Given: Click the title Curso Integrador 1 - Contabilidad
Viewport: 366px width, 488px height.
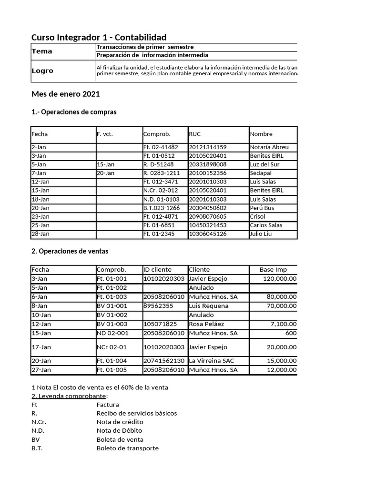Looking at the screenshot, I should tap(99, 37).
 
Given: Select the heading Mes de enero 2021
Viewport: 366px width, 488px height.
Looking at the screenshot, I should tap(65, 94).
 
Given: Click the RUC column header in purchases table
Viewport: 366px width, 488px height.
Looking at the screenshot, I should tap(195, 134).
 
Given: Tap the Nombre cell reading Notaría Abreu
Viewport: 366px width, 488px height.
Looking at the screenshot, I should tap(269, 147).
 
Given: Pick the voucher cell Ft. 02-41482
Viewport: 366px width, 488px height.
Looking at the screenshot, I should tap(161, 147).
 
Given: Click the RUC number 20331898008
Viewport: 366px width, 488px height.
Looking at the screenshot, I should tap(208, 164).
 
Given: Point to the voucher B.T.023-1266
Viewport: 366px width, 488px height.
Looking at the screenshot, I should tap(162, 208).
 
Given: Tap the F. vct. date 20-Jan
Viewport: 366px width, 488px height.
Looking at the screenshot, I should tap(105, 173).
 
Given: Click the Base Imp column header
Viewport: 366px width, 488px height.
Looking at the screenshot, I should tap(273, 269).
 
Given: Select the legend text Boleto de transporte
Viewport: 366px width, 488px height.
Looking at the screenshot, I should tap(127, 448).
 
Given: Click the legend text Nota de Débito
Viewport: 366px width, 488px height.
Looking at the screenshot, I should tap(120, 431).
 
